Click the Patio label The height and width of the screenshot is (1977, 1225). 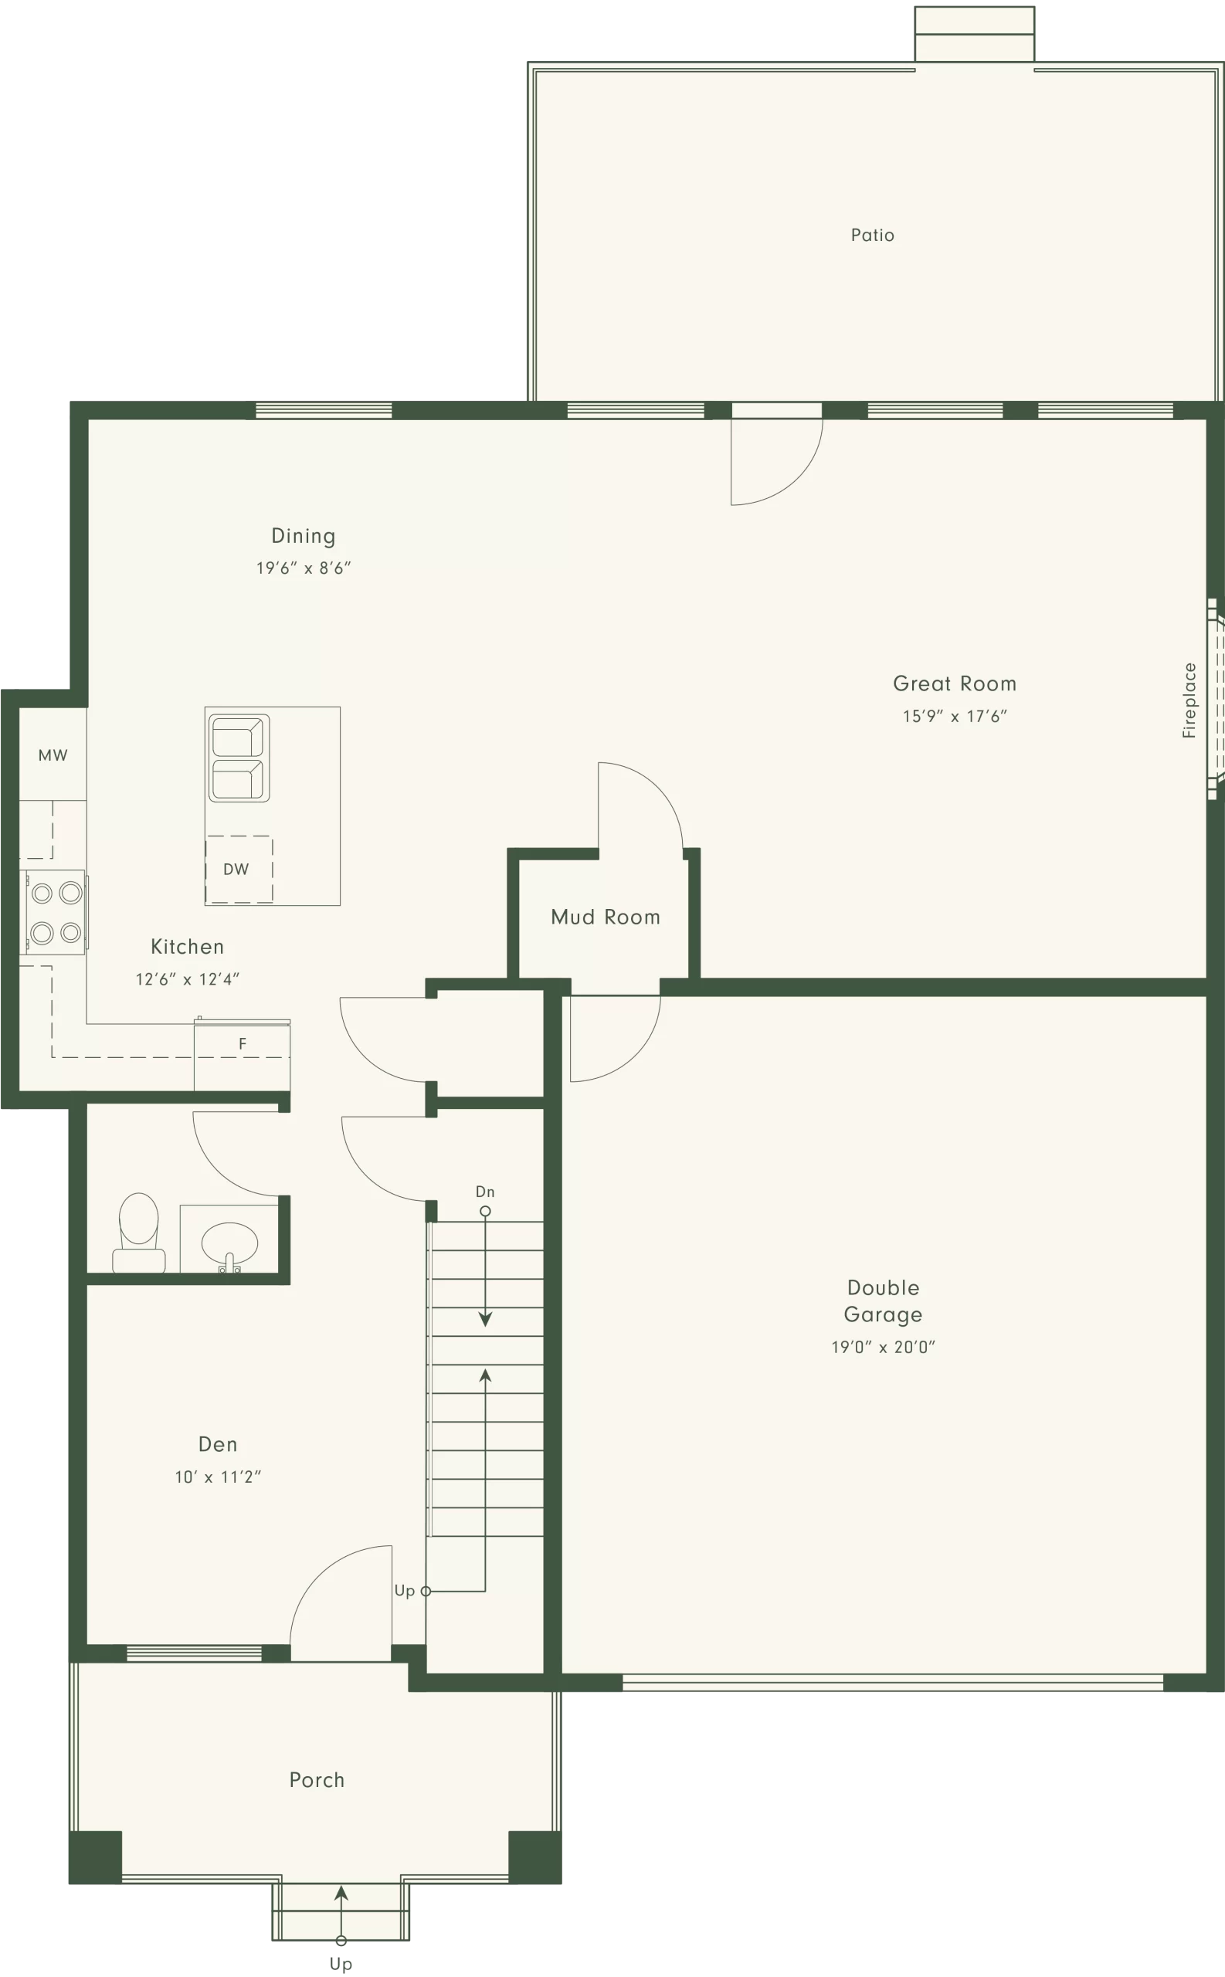click(x=873, y=235)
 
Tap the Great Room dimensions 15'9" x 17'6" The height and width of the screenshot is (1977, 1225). click(x=955, y=716)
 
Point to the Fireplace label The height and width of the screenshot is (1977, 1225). click(x=1189, y=700)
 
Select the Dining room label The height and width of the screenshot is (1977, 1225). click(x=303, y=536)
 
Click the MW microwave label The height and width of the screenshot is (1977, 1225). click(x=53, y=755)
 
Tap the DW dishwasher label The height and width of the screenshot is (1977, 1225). click(x=236, y=869)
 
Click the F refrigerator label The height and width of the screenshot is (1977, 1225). click(x=243, y=1044)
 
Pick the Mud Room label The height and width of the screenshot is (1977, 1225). click(x=606, y=917)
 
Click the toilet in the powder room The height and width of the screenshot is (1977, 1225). click(x=138, y=1233)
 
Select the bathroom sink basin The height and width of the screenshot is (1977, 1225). click(x=229, y=1243)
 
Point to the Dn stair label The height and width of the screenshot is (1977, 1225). click(x=484, y=1192)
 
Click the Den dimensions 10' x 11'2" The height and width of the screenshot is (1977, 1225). click(x=218, y=1477)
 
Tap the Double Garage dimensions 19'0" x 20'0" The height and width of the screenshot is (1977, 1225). click(x=883, y=1347)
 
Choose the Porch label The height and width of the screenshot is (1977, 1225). click(x=317, y=1780)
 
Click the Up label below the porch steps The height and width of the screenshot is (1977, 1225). click(x=341, y=1964)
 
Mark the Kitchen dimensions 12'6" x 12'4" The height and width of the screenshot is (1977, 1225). click(x=187, y=979)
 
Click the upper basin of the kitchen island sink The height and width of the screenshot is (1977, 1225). click(x=236, y=737)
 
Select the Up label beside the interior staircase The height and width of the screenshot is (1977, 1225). click(x=404, y=1591)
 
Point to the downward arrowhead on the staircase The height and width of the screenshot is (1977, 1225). click(x=485, y=1319)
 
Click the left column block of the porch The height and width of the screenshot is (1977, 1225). click(x=95, y=1857)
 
